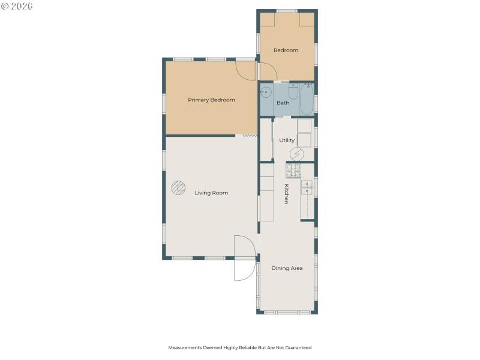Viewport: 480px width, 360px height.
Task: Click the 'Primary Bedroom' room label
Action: click(211, 100)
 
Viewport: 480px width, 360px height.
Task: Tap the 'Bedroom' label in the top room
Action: click(286, 50)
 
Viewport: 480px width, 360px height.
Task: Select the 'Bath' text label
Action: click(283, 103)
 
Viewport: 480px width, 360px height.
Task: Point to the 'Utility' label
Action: click(287, 140)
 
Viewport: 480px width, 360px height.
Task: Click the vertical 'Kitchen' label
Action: click(287, 194)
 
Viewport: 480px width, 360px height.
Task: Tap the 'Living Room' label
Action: click(211, 193)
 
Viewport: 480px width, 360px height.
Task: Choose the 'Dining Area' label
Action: click(287, 268)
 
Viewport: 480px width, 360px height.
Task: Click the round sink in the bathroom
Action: click(266, 92)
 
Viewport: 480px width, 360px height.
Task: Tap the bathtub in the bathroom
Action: click(306, 98)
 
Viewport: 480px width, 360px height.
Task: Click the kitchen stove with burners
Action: click(293, 170)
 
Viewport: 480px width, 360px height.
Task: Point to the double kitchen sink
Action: click(307, 187)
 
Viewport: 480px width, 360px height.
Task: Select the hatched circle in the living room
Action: click(178, 188)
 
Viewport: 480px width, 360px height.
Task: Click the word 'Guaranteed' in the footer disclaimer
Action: click(300, 347)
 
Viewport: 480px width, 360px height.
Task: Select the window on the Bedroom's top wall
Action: click(287, 11)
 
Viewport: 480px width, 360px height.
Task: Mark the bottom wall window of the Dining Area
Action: click(287, 312)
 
